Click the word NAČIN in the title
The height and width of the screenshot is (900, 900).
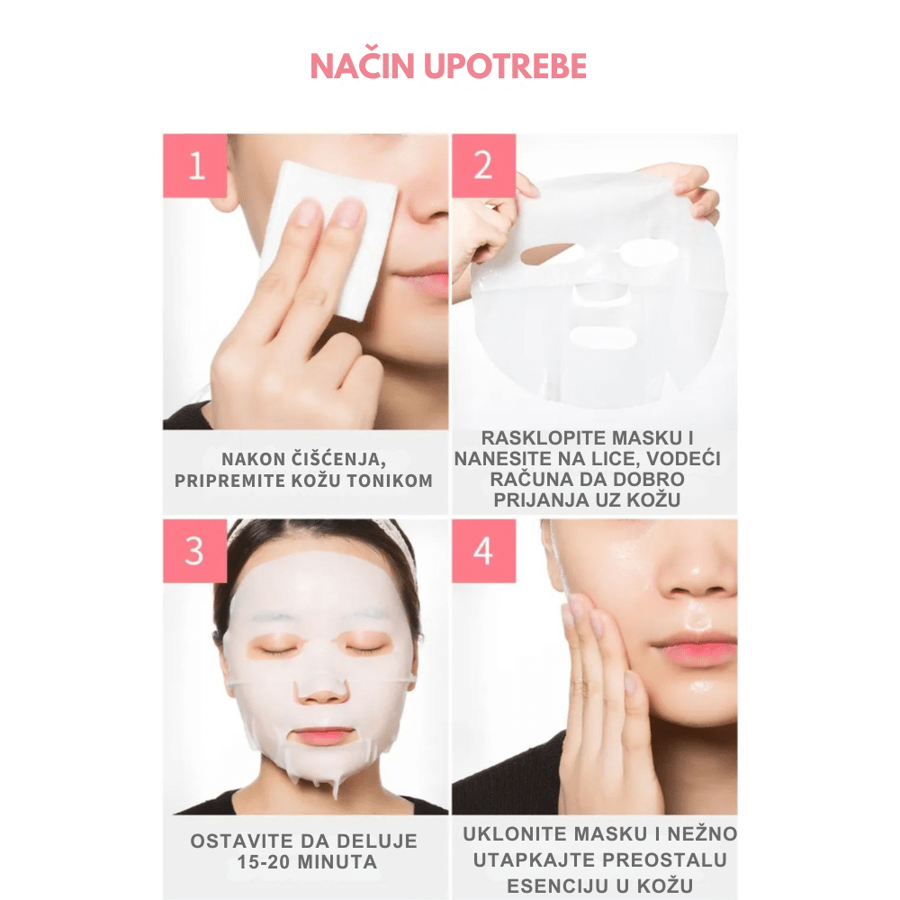362,66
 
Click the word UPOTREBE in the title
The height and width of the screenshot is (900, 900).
505,66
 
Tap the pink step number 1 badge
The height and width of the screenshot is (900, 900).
195,166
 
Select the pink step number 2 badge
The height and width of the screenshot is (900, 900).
483,166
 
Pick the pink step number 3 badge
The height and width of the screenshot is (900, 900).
195,551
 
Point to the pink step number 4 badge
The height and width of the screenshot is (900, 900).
483,551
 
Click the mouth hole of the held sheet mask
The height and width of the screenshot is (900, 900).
602,336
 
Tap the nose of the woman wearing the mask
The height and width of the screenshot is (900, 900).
322,690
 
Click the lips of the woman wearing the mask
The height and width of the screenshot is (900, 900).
324,735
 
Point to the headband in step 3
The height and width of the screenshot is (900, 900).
321,531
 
